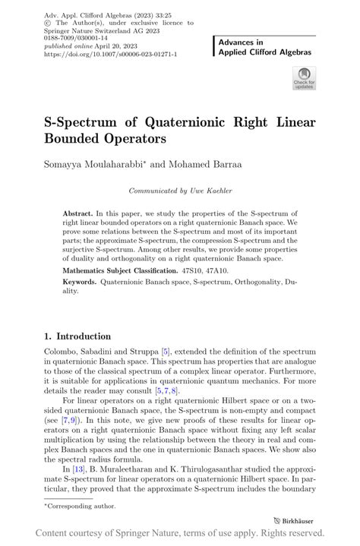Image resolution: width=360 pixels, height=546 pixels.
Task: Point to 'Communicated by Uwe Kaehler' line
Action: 179,191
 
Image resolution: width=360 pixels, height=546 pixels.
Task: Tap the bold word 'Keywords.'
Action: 80,282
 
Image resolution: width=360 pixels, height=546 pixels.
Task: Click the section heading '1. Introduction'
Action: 77,336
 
